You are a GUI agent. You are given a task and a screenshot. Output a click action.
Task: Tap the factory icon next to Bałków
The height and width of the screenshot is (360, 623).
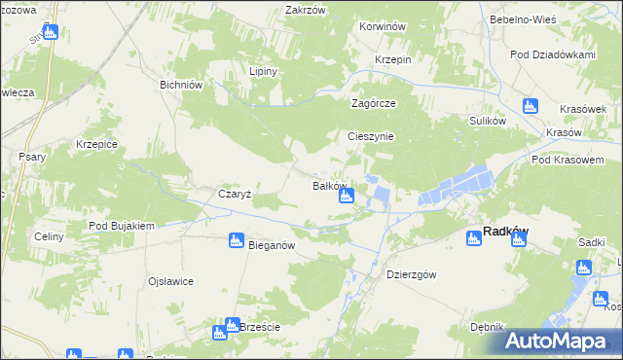point(346,198)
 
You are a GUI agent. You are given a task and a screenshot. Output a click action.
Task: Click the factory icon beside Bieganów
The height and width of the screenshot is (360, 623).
point(236,240)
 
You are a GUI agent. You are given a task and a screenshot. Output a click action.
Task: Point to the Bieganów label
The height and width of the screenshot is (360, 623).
point(272,246)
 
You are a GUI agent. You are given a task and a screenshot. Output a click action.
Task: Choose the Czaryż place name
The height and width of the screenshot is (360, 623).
point(235,194)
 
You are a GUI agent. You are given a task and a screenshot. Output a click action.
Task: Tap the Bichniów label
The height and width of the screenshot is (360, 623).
point(180,85)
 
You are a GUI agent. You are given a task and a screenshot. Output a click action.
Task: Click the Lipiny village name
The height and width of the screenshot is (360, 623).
point(264,72)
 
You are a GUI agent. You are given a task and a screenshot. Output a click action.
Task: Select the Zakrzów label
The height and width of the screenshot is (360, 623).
point(304,10)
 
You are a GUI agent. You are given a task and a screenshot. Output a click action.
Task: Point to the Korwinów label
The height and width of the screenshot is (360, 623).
point(382,27)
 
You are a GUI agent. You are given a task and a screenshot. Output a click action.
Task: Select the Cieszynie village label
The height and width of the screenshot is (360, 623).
point(371,136)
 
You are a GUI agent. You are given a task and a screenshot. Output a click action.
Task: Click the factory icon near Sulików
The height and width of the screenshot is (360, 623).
point(530,106)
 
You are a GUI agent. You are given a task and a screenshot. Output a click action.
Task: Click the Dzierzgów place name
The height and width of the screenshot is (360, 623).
point(411,273)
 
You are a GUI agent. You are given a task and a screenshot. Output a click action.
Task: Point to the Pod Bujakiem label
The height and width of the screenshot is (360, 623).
point(122,226)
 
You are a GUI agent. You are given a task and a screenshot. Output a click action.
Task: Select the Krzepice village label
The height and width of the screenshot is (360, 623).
point(96,144)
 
